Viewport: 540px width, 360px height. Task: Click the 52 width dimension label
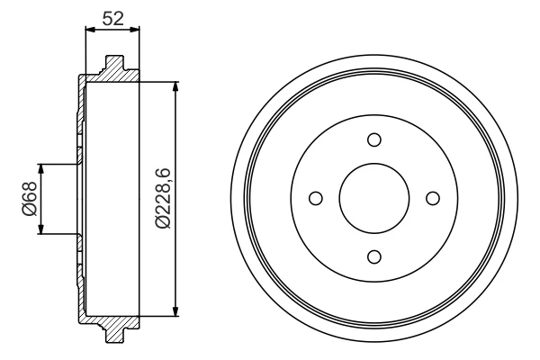[x=113, y=19]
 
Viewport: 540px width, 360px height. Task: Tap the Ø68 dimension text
[x=30, y=199]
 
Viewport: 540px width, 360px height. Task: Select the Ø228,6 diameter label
[x=163, y=198]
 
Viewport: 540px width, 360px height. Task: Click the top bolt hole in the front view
[x=374, y=139]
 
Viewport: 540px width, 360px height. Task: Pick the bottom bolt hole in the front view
[x=374, y=257]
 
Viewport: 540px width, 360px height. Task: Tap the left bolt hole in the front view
[x=316, y=198]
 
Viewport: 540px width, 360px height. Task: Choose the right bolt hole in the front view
[x=433, y=198]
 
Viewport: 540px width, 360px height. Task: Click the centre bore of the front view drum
[x=374, y=198]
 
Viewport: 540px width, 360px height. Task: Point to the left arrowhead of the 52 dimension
[x=90, y=30]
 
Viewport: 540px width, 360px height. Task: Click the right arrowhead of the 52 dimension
[x=135, y=30]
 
